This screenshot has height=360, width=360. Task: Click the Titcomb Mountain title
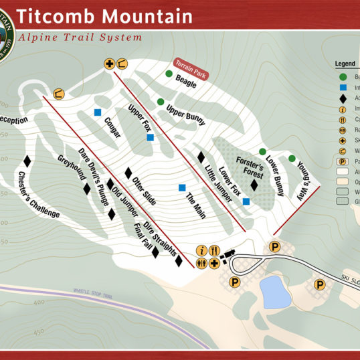(x=104, y=15)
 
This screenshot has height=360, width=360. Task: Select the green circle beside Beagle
(x=169, y=74)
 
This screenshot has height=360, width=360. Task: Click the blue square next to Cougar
(x=98, y=112)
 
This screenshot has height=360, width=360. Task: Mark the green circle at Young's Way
(x=292, y=159)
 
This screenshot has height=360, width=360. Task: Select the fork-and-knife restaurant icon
(x=213, y=251)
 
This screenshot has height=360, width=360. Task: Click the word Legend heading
(x=345, y=64)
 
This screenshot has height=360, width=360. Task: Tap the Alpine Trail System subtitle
(x=80, y=37)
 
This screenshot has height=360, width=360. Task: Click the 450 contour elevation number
(x=39, y=332)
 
